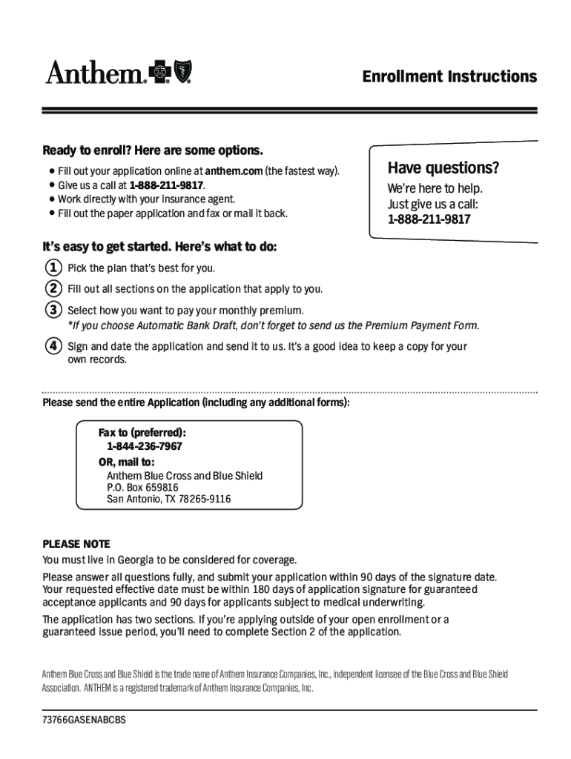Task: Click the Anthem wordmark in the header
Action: (x=96, y=73)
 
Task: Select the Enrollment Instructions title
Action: (x=449, y=77)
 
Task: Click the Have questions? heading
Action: (x=443, y=168)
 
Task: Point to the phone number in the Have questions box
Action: (x=428, y=220)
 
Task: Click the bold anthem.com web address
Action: (x=234, y=171)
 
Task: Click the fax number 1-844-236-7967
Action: (x=145, y=446)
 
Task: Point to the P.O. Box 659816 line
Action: (x=142, y=488)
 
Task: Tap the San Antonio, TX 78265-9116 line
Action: (x=168, y=500)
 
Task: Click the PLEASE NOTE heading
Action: (x=76, y=543)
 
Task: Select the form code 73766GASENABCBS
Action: (x=84, y=720)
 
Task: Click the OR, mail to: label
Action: (x=127, y=461)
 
